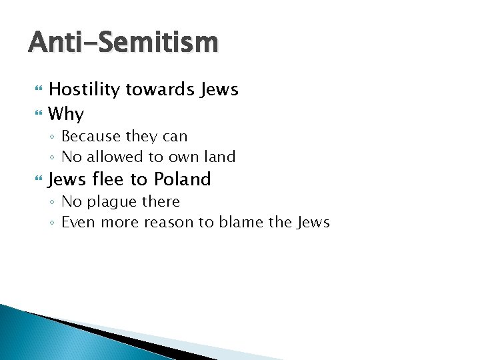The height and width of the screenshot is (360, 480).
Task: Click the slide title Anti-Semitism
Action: click(123, 43)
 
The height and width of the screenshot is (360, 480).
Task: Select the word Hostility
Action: click(83, 89)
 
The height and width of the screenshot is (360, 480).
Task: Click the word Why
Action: click(66, 114)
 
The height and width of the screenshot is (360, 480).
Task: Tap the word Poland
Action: click(182, 179)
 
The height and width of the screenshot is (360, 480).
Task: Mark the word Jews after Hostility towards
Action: click(219, 89)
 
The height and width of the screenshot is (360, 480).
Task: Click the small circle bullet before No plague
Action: click(53, 202)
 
